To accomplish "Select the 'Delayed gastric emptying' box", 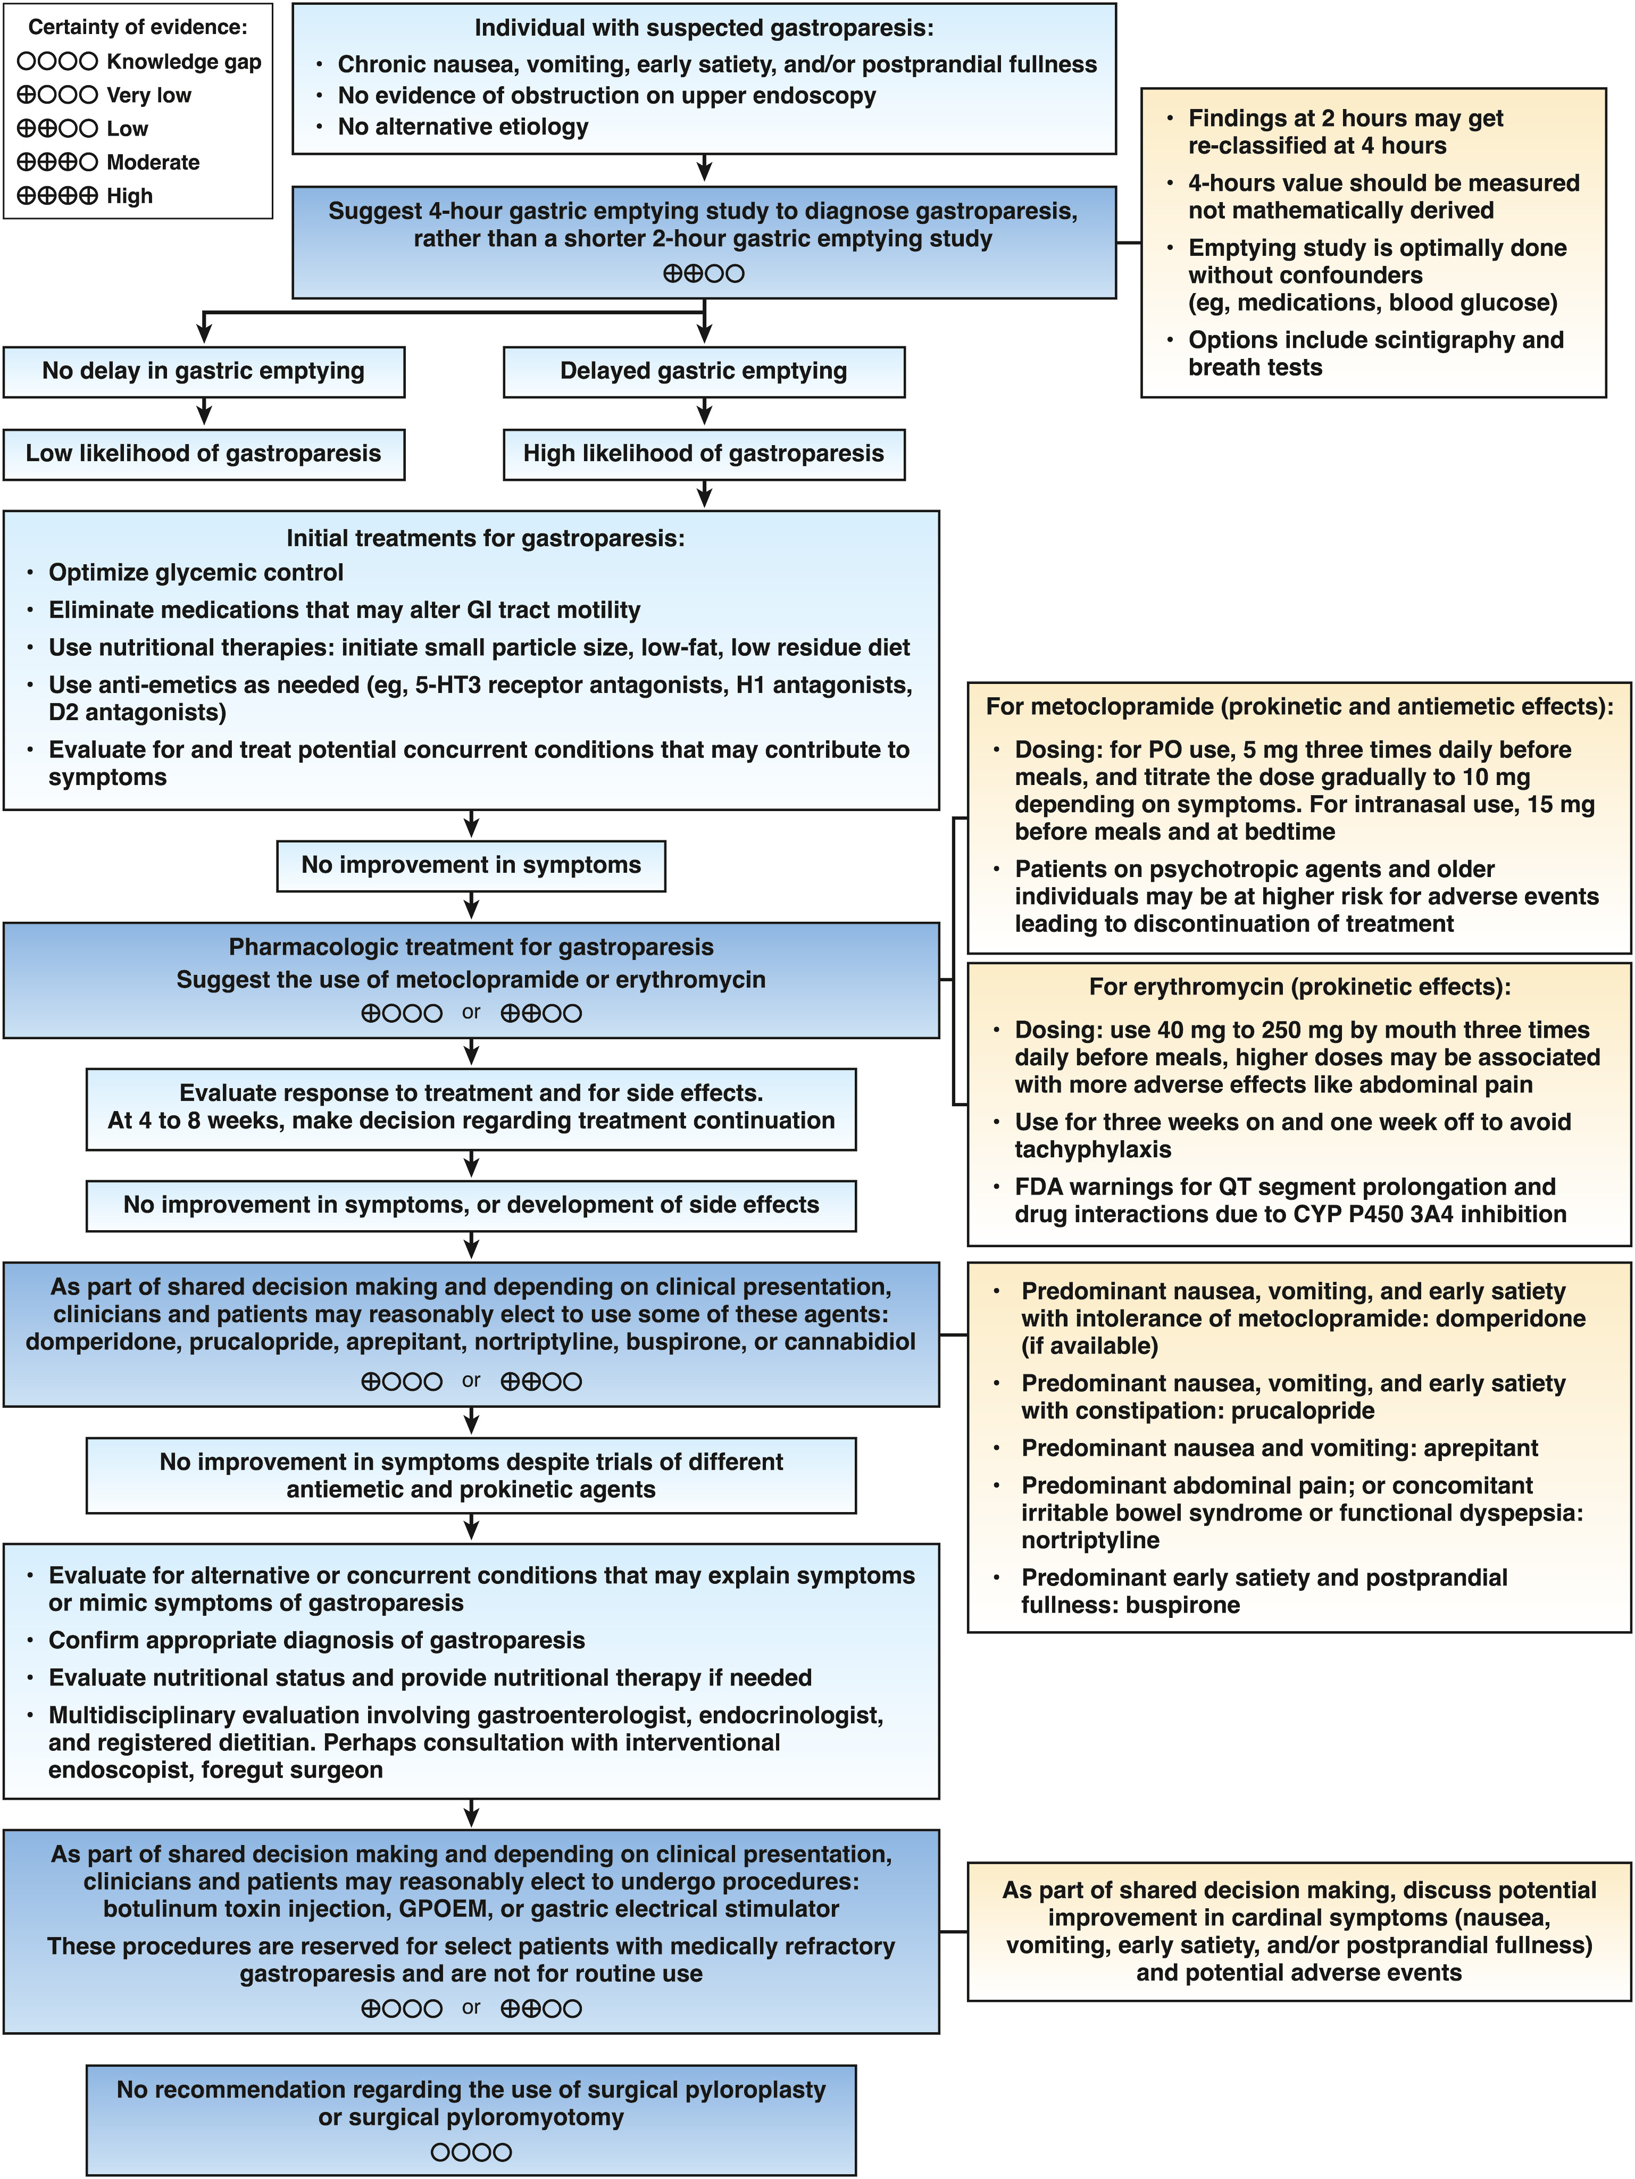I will tap(703, 371).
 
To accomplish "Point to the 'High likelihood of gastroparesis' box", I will tap(703, 454).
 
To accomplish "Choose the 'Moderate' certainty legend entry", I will tap(109, 163).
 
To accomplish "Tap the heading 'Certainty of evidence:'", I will tap(138, 28).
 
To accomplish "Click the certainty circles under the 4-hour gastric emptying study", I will tap(703, 274).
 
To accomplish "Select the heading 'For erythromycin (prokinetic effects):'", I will tap(1299, 987).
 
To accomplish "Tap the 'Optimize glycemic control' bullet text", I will tap(196, 573).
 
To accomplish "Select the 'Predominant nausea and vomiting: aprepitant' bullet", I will tap(1279, 1448).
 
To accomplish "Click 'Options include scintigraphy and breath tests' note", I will tap(1375, 354).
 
